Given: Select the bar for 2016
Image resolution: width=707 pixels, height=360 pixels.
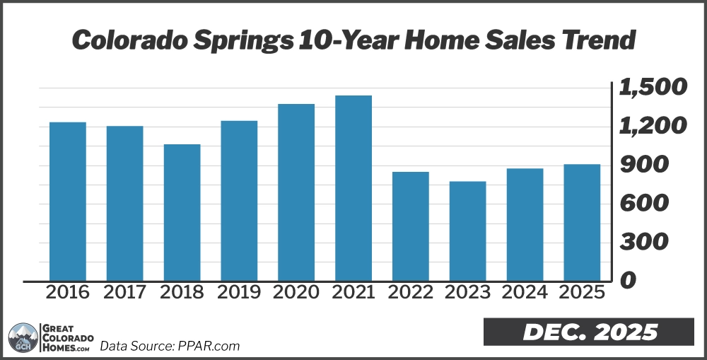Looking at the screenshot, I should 68,202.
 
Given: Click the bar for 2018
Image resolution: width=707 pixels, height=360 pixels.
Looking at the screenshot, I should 182,212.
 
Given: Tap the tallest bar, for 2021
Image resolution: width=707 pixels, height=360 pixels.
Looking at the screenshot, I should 353,188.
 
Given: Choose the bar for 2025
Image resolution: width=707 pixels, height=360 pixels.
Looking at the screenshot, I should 582,222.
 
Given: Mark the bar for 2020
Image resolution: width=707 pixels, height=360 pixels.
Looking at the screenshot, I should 296,192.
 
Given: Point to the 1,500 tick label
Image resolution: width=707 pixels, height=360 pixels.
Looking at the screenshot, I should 653,88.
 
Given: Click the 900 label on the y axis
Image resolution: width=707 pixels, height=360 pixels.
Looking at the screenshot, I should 643,165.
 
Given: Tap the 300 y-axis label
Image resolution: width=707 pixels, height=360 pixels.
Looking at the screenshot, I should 643,242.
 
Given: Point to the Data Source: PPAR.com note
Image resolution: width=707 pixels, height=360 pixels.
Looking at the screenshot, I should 170,346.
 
